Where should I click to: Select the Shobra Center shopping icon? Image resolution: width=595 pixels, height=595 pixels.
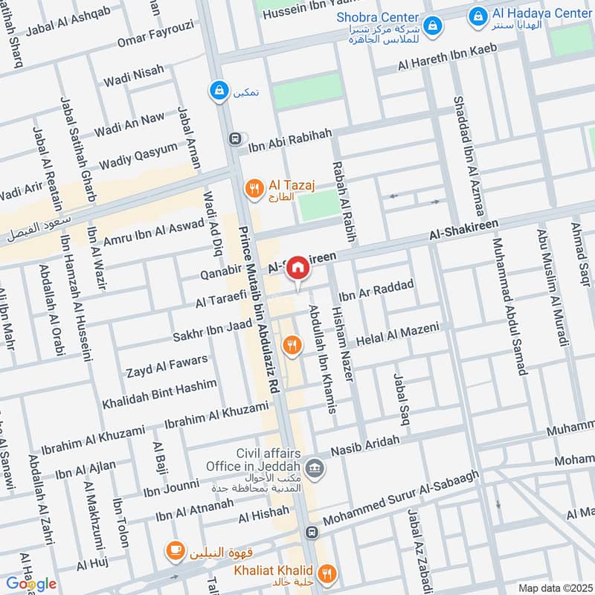point(433,28)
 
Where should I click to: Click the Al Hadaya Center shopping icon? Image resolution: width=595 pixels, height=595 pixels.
point(480,13)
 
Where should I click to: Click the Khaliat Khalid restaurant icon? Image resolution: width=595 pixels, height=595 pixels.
point(326,573)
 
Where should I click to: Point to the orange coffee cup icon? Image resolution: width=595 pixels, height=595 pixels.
point(175,551)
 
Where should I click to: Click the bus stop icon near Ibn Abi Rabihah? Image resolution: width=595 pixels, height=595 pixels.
point(236,138)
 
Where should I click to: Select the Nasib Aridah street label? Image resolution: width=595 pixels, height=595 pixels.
point(365,446)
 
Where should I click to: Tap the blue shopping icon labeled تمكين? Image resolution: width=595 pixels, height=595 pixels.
point(219,90)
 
